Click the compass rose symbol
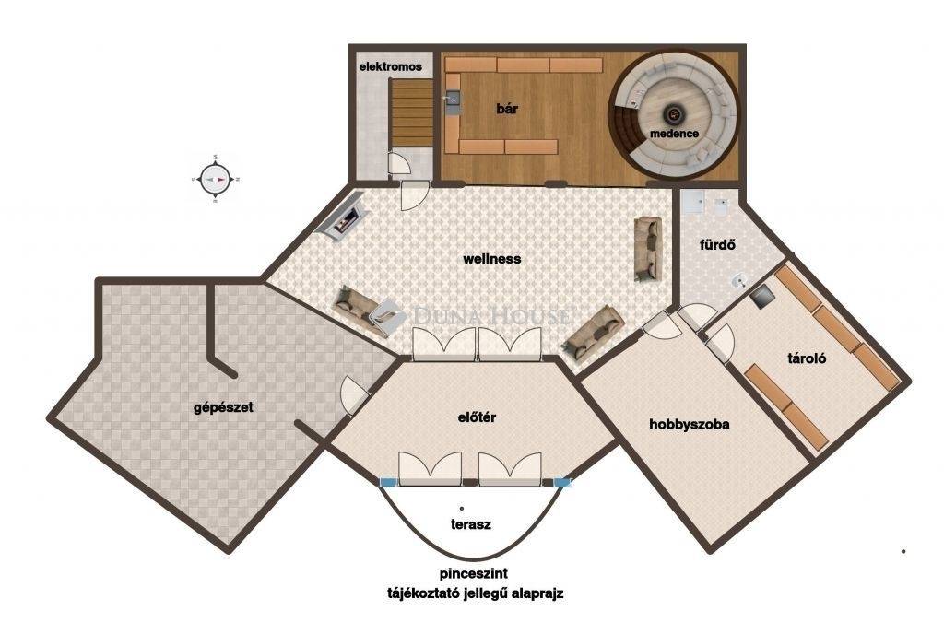coord(216,180)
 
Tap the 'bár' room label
coord(507,109)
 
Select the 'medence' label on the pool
coord(674,134)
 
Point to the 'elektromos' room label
coord(391,66)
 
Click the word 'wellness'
coord(492,259)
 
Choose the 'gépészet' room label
coord(223,408)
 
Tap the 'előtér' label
coord(477,417)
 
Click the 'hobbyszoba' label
coord(690,425)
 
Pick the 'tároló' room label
coord(807,359)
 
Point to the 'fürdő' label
coord(717,245)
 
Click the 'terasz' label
coord(471,524)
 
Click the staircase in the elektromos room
coord(412,113)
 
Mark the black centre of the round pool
coord(673,113)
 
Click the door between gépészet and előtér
coord(355,395)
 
